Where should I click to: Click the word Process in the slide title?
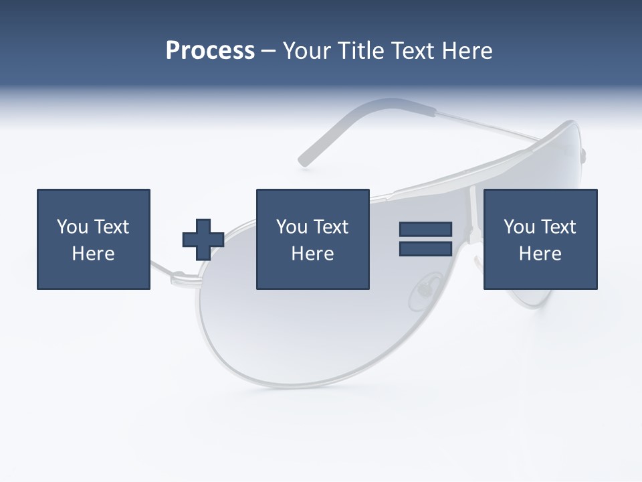pos(210,51)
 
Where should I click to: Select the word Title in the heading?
pos(359,51)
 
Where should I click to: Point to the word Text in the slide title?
pos(413,51)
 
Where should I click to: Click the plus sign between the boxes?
pos(203,240)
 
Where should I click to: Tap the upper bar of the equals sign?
pos(425,230)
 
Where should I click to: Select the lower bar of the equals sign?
pos(425,249)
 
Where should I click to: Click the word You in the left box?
pos(72,227)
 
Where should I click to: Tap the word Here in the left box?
pos(93,254)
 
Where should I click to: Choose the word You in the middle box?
pos(292,227)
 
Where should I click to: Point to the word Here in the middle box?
pos(312,254)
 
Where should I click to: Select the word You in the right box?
pos(519,227)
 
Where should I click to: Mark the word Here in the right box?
pos(540,254)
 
